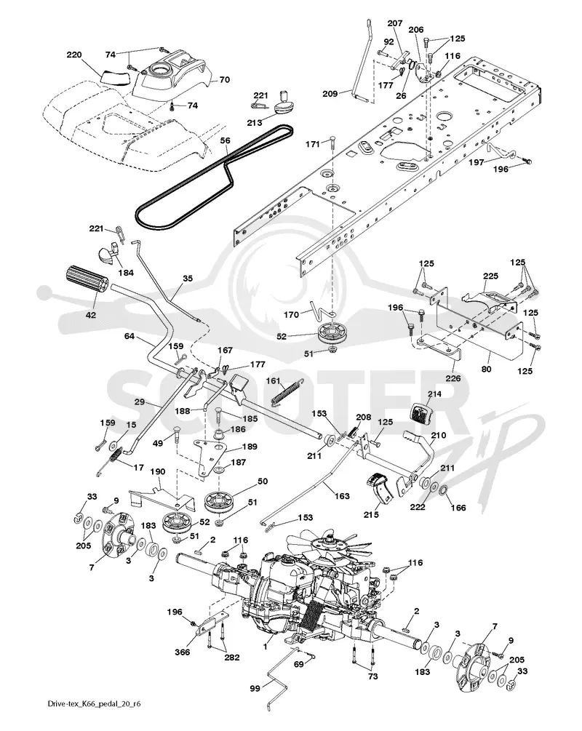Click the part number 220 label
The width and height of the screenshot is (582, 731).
74,55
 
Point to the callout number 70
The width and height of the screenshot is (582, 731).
224,80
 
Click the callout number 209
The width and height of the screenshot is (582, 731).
330,94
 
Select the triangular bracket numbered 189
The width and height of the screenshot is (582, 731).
209,455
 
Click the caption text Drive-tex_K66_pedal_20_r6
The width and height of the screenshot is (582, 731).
93,704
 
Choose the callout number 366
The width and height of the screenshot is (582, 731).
182,652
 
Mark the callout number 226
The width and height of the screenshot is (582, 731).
453,378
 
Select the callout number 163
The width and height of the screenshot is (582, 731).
342,495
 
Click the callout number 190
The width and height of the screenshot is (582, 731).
158,472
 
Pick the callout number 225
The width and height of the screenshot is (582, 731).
490,276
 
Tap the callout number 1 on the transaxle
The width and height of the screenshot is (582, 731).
266,647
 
